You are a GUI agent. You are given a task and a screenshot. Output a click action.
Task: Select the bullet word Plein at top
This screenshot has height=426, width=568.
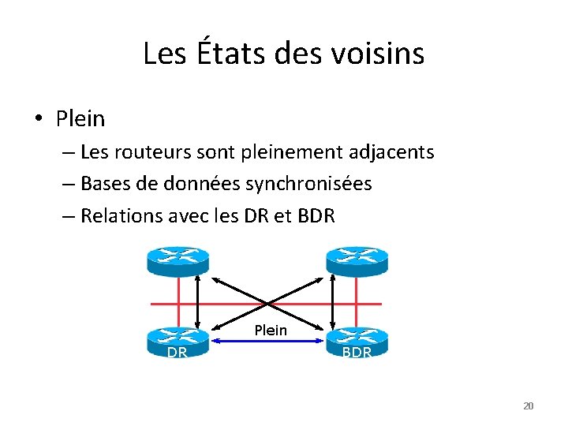click(80, 119)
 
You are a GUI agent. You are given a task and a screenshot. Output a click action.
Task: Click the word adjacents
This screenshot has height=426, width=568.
click(389, 151)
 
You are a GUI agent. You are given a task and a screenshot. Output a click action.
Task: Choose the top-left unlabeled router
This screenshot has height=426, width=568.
click(177, 259)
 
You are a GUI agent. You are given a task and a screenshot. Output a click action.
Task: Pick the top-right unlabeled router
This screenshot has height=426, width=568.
click(357, 259)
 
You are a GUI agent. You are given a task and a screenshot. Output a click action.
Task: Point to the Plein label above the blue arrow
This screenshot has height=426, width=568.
click(271, 330)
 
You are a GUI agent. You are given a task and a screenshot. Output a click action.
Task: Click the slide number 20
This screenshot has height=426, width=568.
click(529, 405)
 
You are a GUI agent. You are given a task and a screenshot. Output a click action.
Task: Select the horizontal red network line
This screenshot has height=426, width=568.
click(237, 304)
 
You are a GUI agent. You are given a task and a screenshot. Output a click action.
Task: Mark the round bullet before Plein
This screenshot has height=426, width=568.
click(38, 119)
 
